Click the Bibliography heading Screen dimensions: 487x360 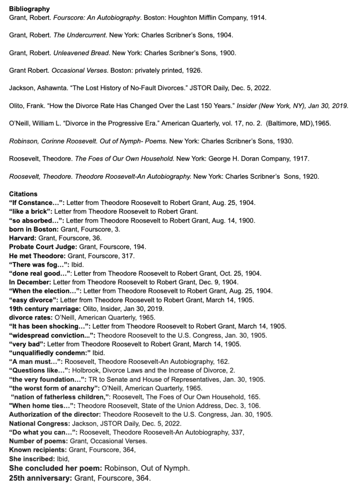coord(29,9)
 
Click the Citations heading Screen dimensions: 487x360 coord(23,194)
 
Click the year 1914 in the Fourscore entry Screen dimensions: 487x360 coord(258,18)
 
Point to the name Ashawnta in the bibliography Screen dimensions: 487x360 coord(55,88)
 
